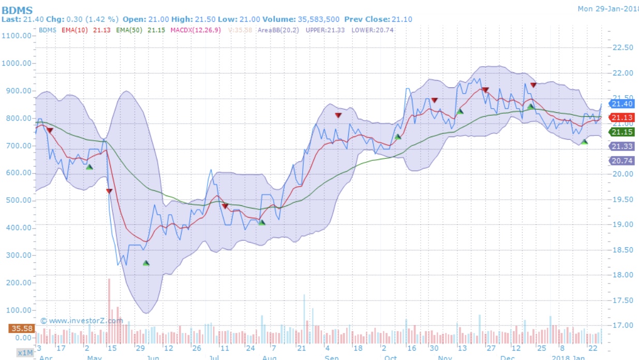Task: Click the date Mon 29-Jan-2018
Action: (x=607, y=8)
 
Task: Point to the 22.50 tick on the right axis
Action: (x=622, y=48)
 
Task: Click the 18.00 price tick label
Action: (x=622, y=275)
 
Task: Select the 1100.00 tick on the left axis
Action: (x=18, y=36)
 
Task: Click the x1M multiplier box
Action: (x=24, y=353)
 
